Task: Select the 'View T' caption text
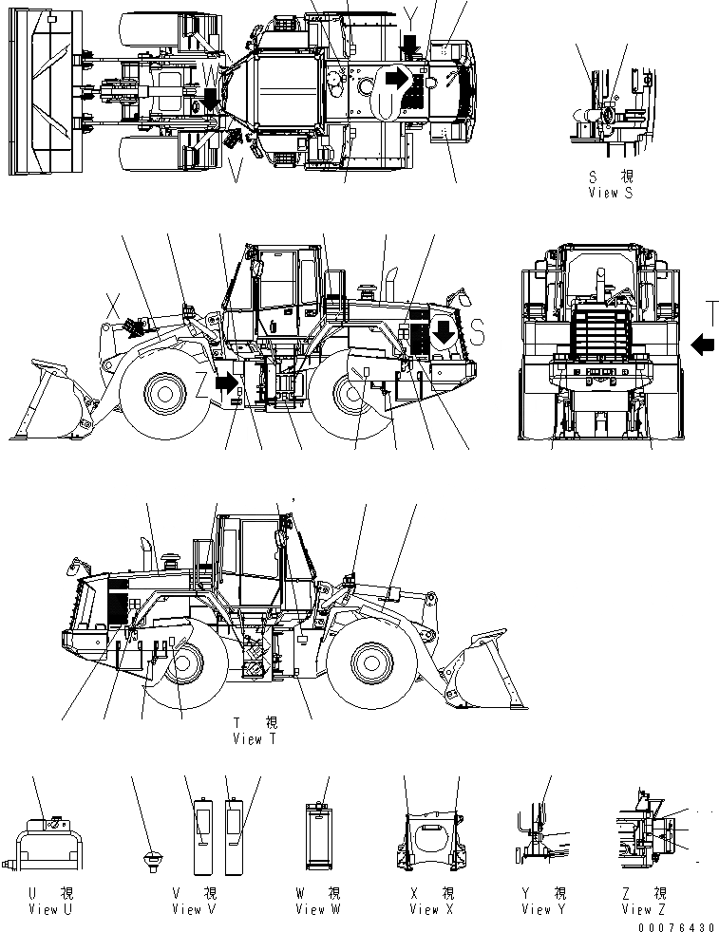[x=254, y=739]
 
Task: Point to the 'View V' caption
[x=194, y=909]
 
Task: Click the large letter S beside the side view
[x=478, y=331]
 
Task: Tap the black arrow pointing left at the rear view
[x=703, y=344]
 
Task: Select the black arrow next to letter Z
[x=226, y=382]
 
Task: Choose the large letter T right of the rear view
[x=711, y=314]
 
